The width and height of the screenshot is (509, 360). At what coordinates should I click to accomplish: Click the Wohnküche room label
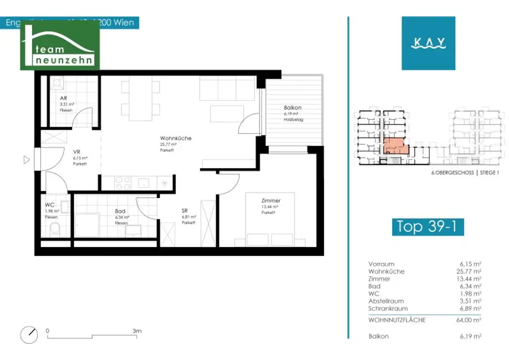(x=175, y=138)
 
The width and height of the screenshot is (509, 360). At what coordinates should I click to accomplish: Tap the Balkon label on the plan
(x=293, y=107)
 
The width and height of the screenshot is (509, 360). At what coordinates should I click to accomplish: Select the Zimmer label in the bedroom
(x=271, y=200)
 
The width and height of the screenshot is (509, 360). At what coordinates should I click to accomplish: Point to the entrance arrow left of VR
(x=27, y=160)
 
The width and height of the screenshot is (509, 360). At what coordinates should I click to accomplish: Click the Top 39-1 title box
(x=427, y=226)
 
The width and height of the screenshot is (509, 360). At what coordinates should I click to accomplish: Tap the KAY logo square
(x=428, y=43)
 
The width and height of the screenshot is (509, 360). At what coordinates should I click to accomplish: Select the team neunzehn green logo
(x=60, y=45)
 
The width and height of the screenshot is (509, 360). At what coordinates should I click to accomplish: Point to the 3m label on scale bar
(x=137, y=331)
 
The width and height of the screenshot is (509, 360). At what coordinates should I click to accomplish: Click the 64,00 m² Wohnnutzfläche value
(x=470, y=320)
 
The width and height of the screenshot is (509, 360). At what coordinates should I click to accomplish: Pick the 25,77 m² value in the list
(x=470, y=271)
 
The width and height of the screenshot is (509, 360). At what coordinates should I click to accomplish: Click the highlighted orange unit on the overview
(x=395, y=147)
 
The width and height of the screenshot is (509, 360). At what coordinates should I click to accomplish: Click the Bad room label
(x=120, y=211)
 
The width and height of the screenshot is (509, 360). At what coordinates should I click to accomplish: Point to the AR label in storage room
(x=63, y=98)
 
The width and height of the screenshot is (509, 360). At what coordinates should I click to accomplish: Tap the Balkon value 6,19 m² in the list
(x=470, y=337)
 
